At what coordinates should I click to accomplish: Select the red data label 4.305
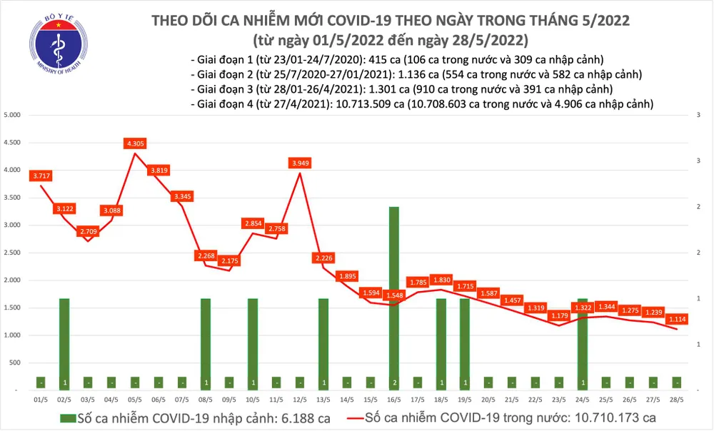(135, 143)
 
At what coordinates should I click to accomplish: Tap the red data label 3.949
(300, 163)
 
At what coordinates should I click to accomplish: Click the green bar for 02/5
(64, 344)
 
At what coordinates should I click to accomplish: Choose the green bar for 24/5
(583, 344)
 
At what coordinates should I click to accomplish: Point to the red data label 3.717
(41, 176)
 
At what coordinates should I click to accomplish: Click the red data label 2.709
(88, 232)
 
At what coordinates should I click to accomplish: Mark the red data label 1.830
(441, 280)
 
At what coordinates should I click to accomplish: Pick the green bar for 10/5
(253, 344)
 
